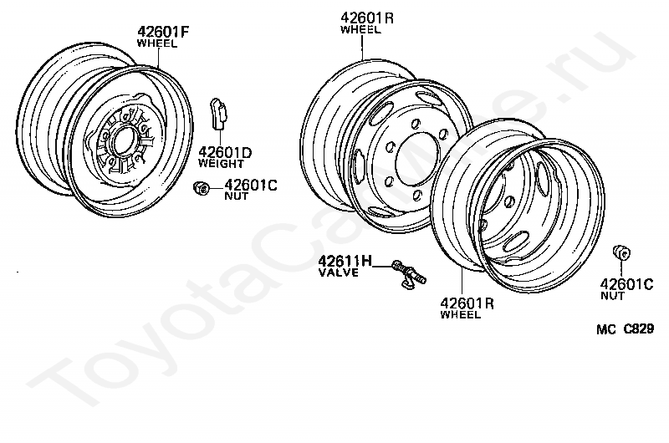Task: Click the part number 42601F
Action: point(164,33)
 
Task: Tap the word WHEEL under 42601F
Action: point(157,43)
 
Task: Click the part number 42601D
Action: point(225,152)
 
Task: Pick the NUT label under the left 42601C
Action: point(237,196)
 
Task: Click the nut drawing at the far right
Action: point(621,252)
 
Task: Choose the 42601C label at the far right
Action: point(626,284)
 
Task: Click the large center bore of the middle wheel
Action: point(416,159)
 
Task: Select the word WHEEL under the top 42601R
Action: point(360,29)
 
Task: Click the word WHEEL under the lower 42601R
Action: point(461,315)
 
